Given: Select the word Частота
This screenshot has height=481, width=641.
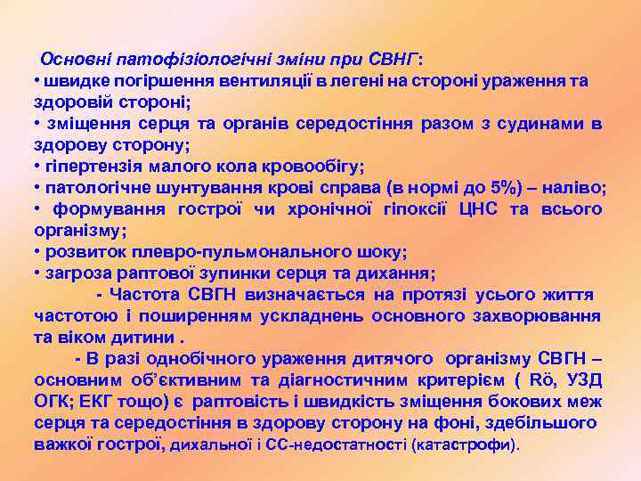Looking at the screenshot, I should coord(145,295).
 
